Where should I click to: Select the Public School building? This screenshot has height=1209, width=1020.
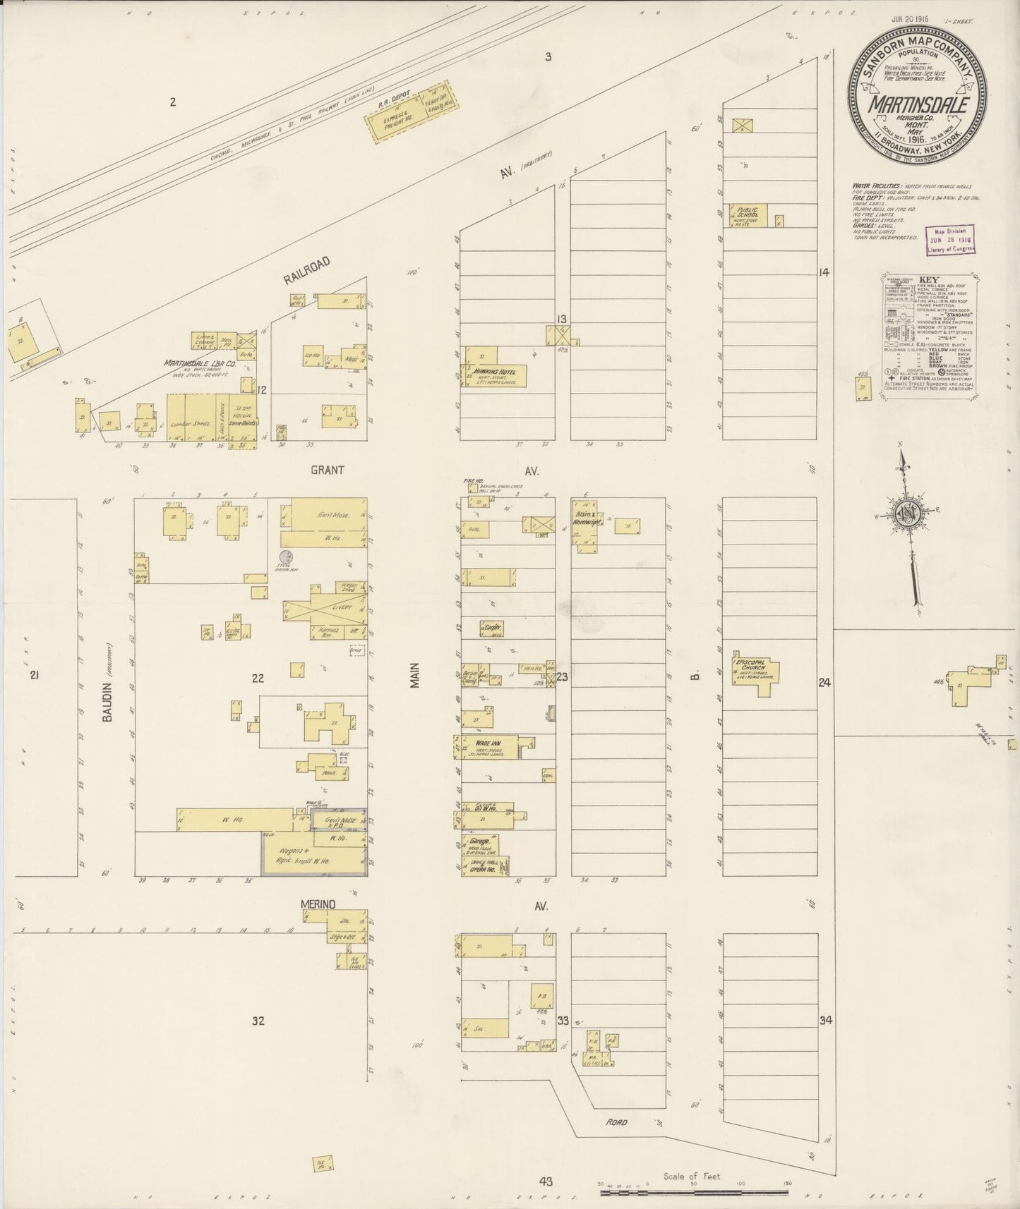[x=748, y=216]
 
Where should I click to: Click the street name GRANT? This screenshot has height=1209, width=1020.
[x=327, y=470]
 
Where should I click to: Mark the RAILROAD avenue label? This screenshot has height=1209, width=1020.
[x=306, y=269]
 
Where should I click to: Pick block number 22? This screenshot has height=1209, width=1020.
[x=258, y=678]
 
